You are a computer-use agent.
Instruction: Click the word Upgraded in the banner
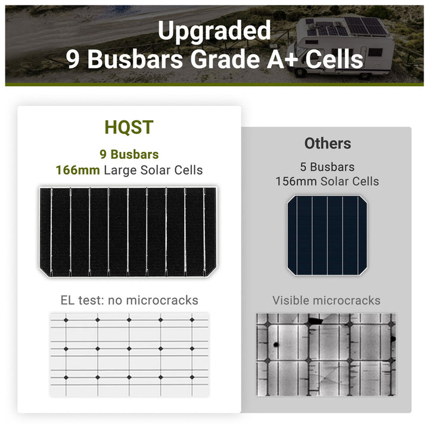point(214,30)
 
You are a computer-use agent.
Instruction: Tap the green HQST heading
point(129,127)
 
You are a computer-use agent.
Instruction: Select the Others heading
point(327,144)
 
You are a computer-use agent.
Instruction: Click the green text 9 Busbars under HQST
point(129,155)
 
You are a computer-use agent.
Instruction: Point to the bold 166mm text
point(77,170)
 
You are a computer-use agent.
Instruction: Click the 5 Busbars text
point(327,167)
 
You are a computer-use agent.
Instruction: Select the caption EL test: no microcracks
point(129,300)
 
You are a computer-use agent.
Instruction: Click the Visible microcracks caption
point(326,300)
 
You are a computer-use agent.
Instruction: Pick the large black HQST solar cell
point(129,231)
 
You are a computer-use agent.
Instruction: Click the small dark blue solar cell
point(327,235)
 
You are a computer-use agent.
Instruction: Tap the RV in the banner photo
point(343,48)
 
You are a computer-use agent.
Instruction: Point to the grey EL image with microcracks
point(326,355)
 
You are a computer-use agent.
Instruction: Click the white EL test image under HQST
point(129,355)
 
